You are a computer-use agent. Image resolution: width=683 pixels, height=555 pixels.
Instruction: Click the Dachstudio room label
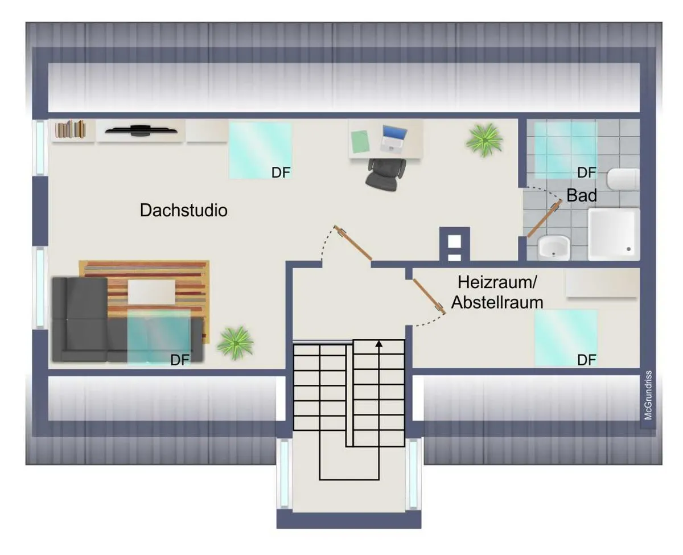(x=183, y=210)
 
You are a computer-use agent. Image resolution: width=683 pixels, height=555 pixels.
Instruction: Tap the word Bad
(x=582, y=196)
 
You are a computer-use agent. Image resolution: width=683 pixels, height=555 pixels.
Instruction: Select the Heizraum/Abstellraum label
(x=497, y=292)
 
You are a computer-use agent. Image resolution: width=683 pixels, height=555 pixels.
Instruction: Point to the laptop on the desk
(x=393, y=138)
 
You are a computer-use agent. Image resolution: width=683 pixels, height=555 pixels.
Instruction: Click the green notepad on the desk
(x=360, y=141)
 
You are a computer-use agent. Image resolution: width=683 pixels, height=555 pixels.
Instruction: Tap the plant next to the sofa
(x=235, y=342)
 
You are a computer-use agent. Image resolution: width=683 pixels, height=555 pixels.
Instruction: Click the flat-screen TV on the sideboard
(x=140, y=131)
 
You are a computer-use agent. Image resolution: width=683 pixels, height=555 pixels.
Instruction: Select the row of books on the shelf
(x=71, y=129)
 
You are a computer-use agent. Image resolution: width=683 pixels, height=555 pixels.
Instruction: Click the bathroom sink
(x=553, y=248)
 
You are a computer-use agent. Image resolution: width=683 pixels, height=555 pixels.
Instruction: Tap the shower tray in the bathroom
(x=614, y=234)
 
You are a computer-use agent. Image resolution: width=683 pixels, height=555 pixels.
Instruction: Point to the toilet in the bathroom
(x=623, y=180)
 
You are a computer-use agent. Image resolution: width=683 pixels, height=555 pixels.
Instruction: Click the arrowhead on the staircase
(x=379, y=343)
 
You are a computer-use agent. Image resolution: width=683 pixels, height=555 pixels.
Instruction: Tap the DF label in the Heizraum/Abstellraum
(x=586, y=360)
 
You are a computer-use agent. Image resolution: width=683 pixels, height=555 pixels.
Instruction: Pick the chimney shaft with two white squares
(x=454, y=245)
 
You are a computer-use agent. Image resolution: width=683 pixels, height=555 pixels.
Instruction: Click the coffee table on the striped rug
(x=151, y=292)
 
